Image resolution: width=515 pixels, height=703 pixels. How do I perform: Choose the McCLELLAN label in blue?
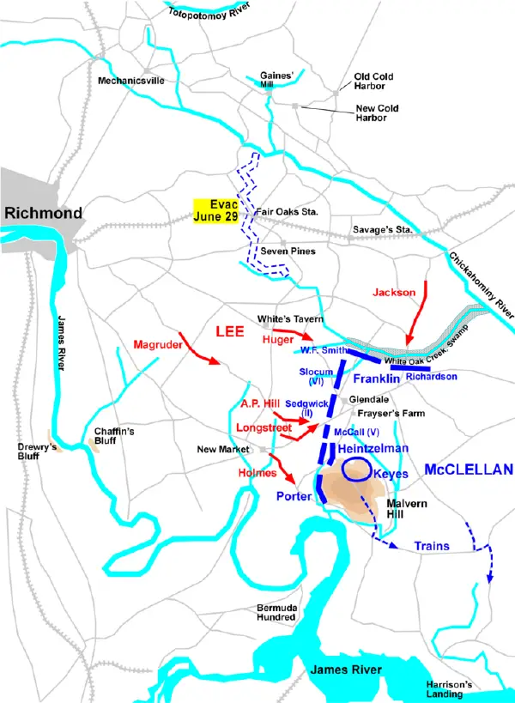(x=468, y=470)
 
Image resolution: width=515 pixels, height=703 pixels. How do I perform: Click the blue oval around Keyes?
(x=357, y=469)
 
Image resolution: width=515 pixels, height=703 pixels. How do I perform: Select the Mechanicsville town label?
(x=130, y=81)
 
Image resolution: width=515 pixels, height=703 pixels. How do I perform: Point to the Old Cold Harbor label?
(x=374, y=82)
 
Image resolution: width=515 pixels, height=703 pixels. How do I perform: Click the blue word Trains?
(x=431, y=545)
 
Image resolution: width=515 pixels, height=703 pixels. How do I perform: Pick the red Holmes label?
(x=257, y=473)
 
